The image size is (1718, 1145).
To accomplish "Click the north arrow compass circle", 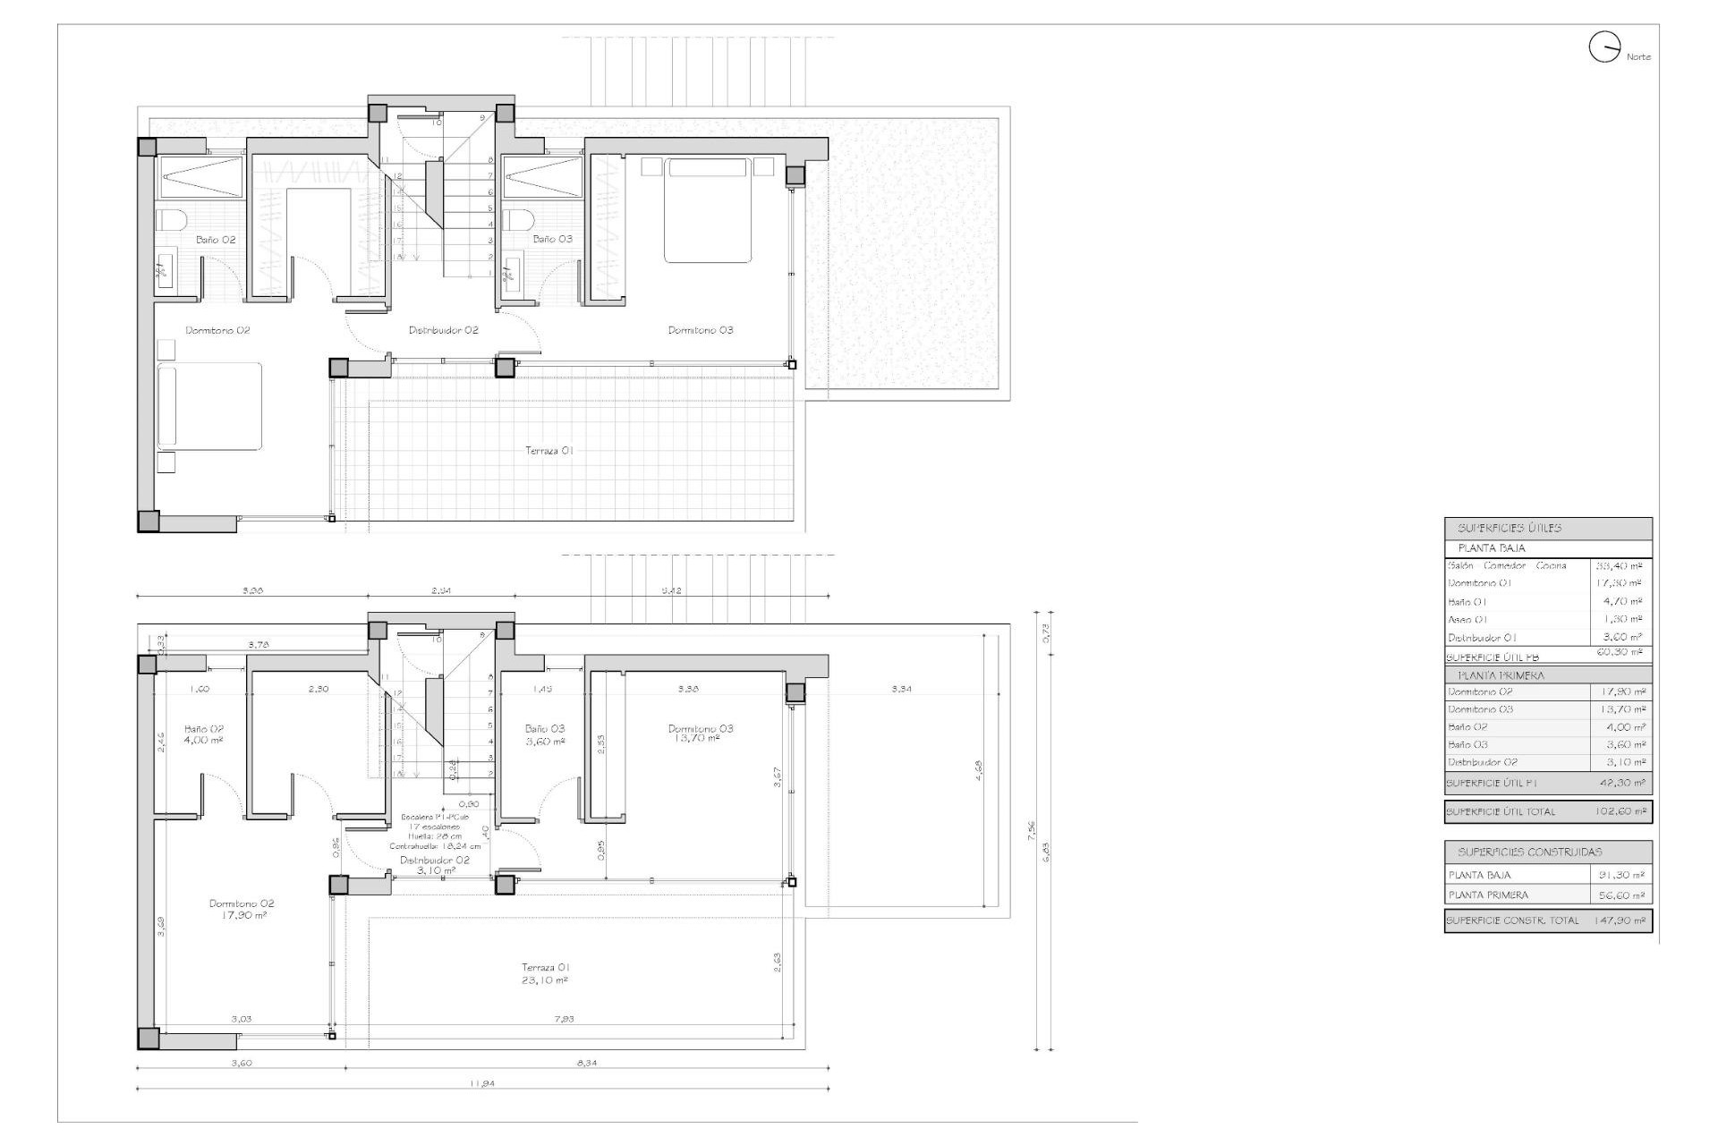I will tap(1604, 47).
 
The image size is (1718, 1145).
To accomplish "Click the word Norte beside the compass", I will tap(1638, 57).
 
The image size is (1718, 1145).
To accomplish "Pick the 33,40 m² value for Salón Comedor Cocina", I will tap(1620, 566).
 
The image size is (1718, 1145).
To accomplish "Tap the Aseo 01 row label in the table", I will tap(1467, 620).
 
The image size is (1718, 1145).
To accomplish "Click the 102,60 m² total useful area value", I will tap(1620, 812).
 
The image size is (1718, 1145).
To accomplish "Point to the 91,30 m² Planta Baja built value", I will tap(1621, 875).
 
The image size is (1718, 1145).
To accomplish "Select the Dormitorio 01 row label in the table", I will tap(1479, 583).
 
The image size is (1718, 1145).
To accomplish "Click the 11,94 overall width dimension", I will tap(481, 1083).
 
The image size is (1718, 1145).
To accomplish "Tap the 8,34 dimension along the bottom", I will tap(586, 1063).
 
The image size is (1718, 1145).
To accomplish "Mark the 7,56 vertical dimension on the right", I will tap(1032, 832).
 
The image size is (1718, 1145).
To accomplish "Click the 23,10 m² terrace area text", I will tap(546, 980).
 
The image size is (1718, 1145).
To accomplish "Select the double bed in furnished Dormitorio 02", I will tap(210, 405).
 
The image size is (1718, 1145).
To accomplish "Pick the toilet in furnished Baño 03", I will tap(516, 220).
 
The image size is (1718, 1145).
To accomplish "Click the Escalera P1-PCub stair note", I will tap(435, 818).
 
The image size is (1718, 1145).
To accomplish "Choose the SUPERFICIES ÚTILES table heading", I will tap(1509, 529).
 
